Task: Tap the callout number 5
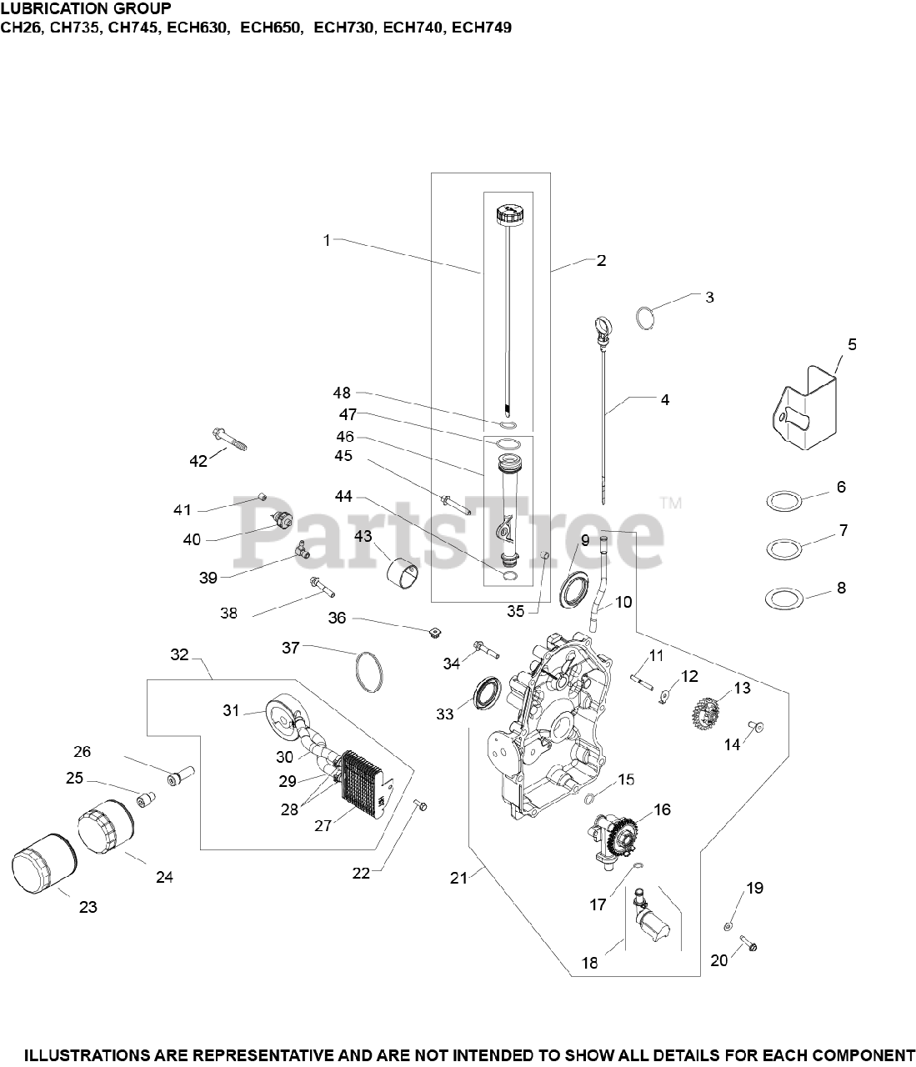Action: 852,344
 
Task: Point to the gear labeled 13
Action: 705,714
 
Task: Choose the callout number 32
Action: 179,654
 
